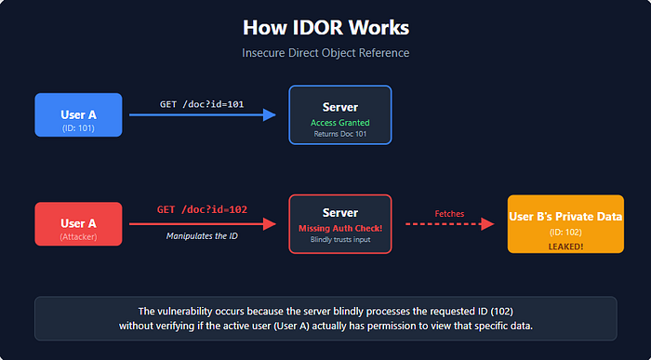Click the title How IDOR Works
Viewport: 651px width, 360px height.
point(325,27)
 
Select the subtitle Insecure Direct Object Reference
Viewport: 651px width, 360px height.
point(325,53)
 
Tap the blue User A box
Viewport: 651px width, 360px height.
point(78,115)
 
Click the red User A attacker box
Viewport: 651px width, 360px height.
point(78,224)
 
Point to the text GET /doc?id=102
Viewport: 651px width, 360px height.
point(203,210)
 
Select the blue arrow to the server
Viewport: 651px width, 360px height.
point(203,115)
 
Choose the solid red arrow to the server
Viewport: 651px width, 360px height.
point(203,224)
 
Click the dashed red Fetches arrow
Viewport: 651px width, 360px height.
point(450,224)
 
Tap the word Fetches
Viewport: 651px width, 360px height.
point(449,213)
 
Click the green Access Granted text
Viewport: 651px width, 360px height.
point(340,123)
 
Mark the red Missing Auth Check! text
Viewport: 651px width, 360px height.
point(340,229)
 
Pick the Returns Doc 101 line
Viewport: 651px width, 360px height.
point(340,134)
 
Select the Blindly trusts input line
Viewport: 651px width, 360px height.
point(340,240)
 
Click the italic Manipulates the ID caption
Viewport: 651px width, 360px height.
point(203,236)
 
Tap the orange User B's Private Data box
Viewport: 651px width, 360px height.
point(565,224)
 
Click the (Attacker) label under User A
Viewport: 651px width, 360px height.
point(78,236)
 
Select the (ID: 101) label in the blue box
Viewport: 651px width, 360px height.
point(78,127)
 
